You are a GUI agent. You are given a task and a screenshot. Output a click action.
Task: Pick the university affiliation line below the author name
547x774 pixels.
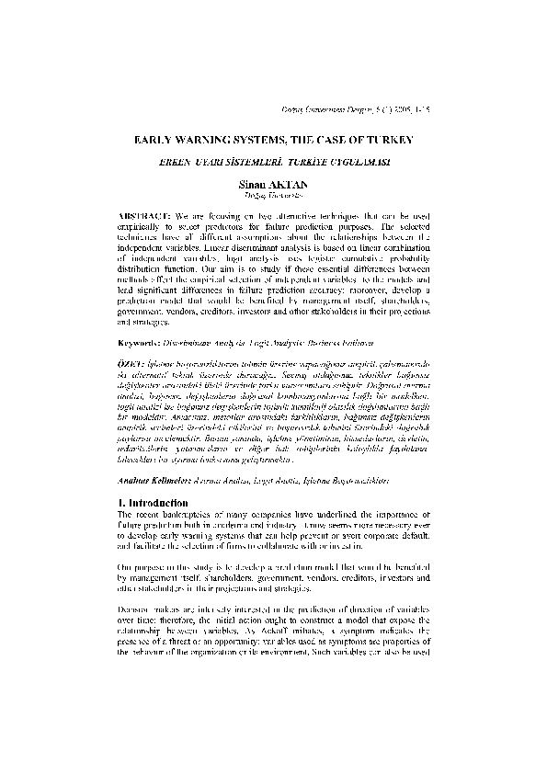pyautogui.click(x=273, y=196)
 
